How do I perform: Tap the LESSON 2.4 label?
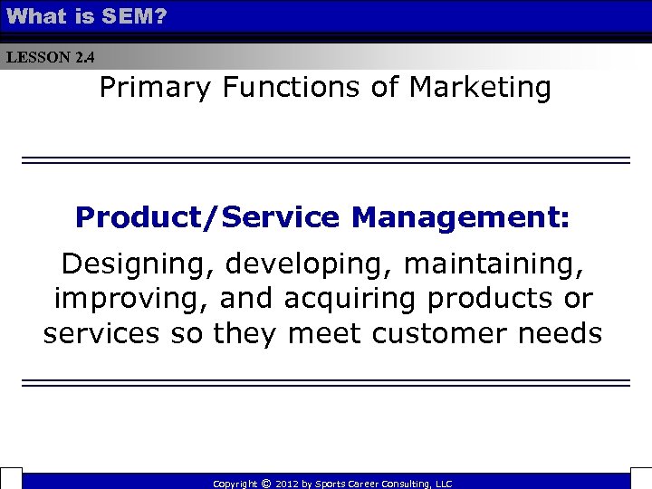point(50,58)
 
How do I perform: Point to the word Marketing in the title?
point(480,88)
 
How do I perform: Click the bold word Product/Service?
point(207,217)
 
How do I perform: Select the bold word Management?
point(461,217)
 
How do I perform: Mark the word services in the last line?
point(97,333)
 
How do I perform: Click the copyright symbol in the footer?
point(265,484)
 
